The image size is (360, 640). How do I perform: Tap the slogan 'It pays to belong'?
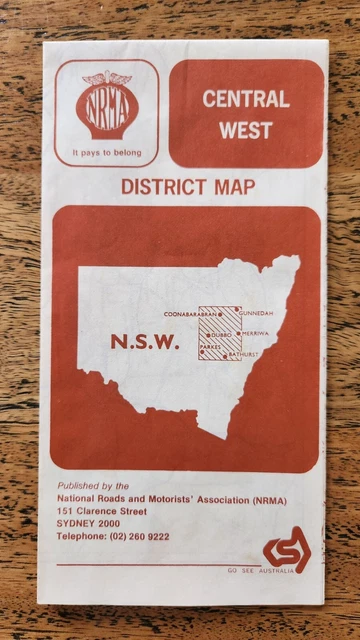(107, 153)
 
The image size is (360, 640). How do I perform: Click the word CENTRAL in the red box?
(246, 99)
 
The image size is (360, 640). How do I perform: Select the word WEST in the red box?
(246, 130)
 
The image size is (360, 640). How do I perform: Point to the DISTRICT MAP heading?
(187, 186)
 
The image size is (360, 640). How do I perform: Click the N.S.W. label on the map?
(145, 342)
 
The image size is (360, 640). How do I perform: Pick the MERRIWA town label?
(257, 333)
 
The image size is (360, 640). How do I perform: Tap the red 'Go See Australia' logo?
(287, 552)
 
